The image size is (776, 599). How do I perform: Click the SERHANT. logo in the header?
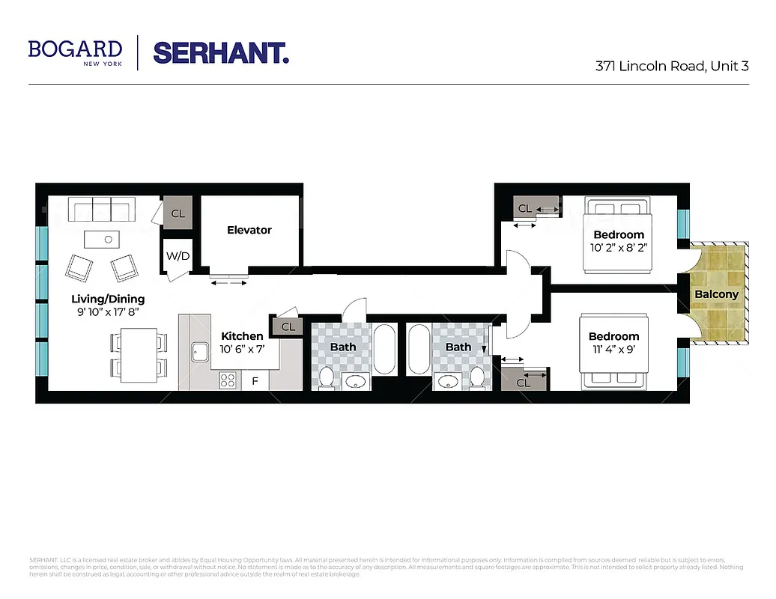[x=221, y=52]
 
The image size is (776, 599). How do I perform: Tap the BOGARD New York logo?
[x=75, y=52]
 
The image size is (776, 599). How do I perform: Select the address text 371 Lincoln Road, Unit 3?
[x=672, y=66]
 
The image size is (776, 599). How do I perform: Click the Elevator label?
[x=249, y=230]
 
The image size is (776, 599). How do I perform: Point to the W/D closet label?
[x=178, y=256]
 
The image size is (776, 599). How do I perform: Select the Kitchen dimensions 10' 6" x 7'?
[x=242, y=349]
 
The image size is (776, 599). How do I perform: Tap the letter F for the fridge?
[x=255, y=381]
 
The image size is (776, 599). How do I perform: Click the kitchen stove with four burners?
[x=228, y=380]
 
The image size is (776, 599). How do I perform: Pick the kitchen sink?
[x=199, y=351]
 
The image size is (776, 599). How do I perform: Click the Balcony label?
[x=716, y=294]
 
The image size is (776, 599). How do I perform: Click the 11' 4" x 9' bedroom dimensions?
[x=613, y=350]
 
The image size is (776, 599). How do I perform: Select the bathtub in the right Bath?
[x=419, y=350]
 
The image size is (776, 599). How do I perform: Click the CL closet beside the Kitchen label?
[x=288, y=327]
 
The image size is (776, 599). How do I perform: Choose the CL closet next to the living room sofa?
[x=178, y=213]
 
